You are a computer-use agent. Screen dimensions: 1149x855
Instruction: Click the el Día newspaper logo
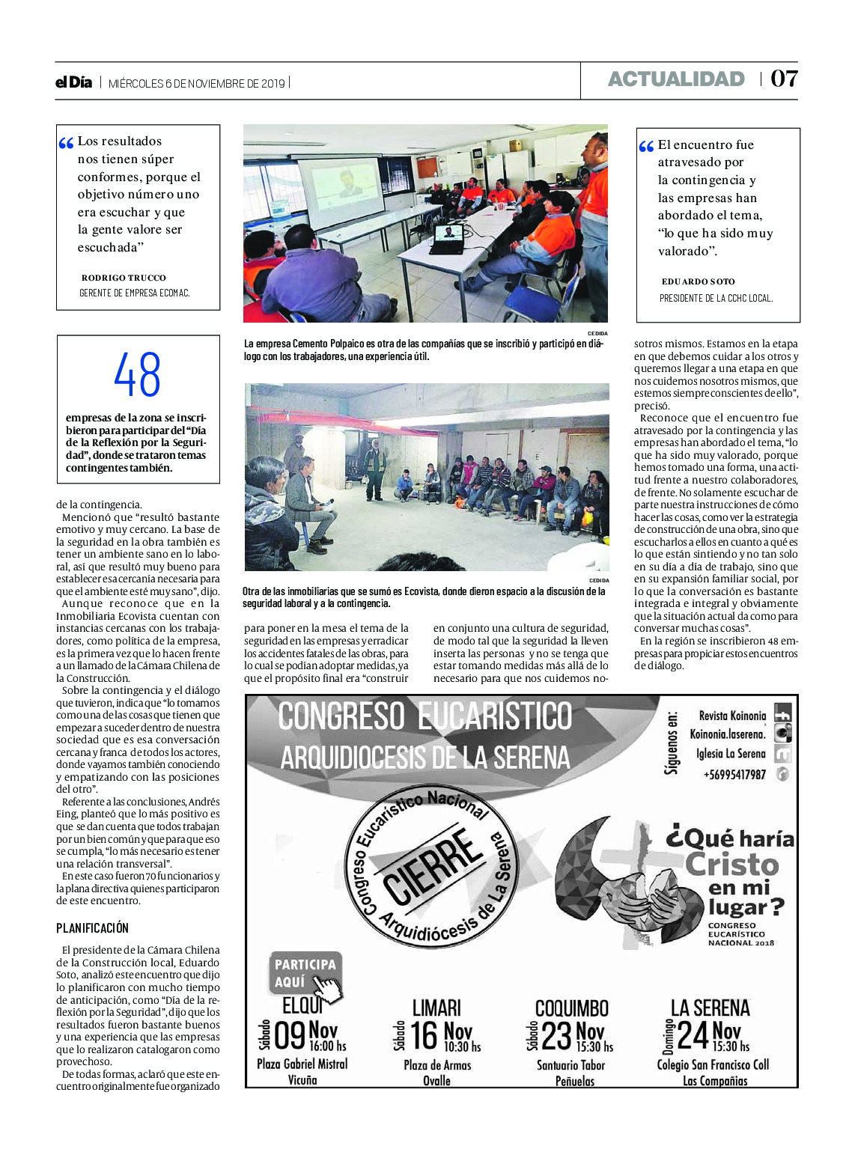coord(73,82)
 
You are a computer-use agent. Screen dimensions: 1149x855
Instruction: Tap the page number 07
coord(784,79)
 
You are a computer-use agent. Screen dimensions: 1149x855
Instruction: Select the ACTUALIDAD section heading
coord(675,79)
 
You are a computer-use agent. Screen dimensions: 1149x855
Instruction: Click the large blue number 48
coord(138,375)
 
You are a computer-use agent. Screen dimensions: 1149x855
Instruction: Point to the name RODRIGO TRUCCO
coord(124,278)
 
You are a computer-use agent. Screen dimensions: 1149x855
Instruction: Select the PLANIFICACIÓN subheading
coord(92,928)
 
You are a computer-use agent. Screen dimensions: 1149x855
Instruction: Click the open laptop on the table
coord(448,239)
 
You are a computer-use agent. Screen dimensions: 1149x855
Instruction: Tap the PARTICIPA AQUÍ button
coord(305,972)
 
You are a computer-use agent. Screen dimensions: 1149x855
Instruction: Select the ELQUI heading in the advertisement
coord(302,1005)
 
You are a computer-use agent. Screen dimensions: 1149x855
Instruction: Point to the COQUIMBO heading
coord(571,1008)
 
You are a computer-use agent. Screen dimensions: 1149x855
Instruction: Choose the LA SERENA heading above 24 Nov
coord(710,1008)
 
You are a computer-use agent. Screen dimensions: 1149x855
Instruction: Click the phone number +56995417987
coord(734,775)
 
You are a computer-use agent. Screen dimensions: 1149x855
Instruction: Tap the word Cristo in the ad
coord(732,865)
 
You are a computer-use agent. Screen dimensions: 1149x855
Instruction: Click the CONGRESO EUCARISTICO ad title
coord(425,716)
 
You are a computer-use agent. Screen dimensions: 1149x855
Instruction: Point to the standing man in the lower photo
coord(374,469)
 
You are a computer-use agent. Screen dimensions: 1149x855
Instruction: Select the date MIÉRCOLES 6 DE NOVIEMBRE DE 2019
coord(197,84)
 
